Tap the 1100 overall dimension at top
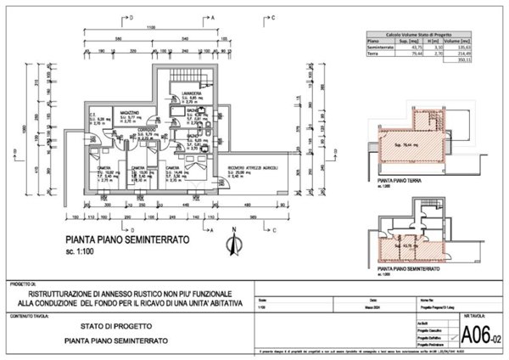[151, 29]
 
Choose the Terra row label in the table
[372, 53]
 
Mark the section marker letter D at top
[131, 15]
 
